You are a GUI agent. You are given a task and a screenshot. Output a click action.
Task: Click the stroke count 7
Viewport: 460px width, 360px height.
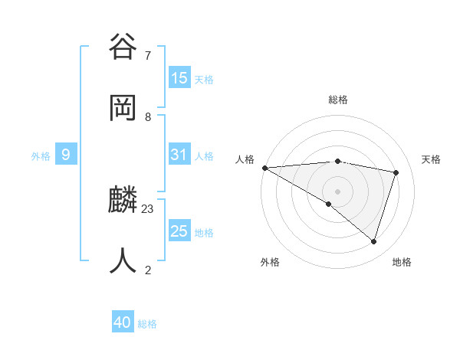[148, 55]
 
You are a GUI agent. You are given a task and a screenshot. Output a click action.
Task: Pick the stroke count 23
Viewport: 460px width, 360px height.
[148, 208]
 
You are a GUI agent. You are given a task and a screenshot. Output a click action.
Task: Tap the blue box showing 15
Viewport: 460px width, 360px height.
[179, 78]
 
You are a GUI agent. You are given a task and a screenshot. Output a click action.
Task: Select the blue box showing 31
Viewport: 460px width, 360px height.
[179, 155]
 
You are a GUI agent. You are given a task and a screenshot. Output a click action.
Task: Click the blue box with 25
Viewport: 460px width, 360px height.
[179, 231]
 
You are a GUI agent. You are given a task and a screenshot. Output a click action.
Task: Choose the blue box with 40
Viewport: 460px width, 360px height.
[123, 322]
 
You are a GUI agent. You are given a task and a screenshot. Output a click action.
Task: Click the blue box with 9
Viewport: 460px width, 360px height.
[66, 155]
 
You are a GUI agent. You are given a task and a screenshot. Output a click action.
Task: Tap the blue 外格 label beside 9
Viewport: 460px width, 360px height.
[41, 155]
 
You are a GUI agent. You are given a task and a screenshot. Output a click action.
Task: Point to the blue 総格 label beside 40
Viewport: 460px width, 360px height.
[147, 324]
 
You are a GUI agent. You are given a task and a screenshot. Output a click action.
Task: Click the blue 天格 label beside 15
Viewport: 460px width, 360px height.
[204, 79]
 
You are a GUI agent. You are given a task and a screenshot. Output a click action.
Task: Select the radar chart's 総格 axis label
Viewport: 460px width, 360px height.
[338, 100]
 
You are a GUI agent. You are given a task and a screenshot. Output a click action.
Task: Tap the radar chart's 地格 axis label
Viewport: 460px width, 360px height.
[402, 262]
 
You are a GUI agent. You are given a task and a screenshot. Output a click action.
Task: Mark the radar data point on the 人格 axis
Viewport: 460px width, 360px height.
[264, 167]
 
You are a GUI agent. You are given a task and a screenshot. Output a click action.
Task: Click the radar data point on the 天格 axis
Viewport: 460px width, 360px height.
[396, 172]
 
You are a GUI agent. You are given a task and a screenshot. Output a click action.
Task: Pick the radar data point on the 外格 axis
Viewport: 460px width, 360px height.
[329, 204]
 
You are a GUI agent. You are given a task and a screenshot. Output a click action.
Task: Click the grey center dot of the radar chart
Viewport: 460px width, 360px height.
[338, 191]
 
